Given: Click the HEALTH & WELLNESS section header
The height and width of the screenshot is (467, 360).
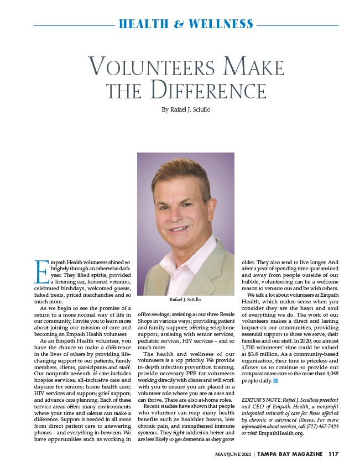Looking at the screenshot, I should pos(186,24).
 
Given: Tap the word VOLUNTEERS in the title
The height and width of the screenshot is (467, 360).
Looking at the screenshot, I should pos(149,67).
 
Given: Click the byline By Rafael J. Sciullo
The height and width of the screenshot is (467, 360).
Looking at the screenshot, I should pos(185,109).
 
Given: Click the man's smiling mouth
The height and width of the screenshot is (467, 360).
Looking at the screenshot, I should pos(180,228).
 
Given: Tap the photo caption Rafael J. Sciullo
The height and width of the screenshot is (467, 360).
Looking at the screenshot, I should pos(185,299).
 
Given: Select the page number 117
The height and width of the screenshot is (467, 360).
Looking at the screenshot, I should pos(332,455).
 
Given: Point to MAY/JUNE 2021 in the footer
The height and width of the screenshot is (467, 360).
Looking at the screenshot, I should pos(236,455).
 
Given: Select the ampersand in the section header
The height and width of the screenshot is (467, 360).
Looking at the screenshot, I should pos(179,24).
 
